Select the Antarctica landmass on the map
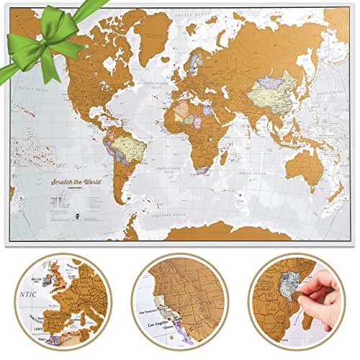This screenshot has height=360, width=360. (x=216, y=230)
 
